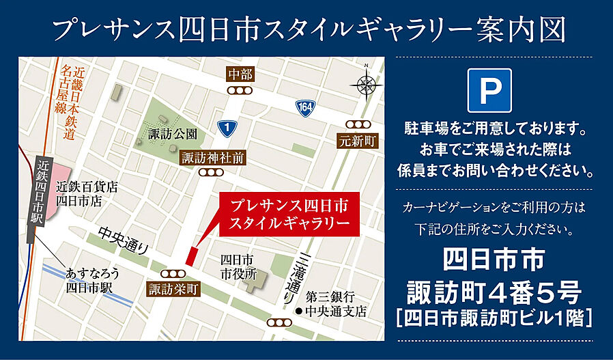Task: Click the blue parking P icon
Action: (489, 90)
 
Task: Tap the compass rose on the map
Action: (366, 85)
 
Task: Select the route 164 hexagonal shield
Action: (305, 107)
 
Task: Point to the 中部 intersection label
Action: (240, 74)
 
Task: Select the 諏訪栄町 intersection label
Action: (173, 289)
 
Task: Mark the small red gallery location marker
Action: (191, 255)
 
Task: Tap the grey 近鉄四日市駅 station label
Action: (42, 197)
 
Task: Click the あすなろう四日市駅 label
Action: (93, 280)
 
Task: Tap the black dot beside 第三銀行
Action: (298, 311)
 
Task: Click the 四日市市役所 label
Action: (237, 267)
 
